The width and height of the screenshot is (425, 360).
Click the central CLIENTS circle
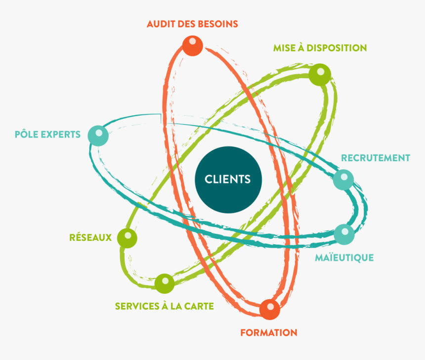click(x=227, y=179)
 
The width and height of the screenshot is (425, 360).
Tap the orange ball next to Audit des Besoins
click(x=192, y=45)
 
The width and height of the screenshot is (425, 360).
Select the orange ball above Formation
click(x=270, y=309)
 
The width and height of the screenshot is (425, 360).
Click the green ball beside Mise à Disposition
click(x=320, y=75)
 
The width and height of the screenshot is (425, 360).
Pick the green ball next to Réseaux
click(x=127, y=238)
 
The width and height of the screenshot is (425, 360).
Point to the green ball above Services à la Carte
click(x=164, y=283)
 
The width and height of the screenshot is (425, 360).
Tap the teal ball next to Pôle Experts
click(x=98, y=135)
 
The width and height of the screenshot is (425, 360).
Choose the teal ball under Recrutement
click(x=343, y=180)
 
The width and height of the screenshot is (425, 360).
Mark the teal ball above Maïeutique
click(x=344, y=234)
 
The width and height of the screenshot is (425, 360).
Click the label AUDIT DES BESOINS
click(x=192, y=24)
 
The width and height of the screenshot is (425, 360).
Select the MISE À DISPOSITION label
click(x=320, y=48)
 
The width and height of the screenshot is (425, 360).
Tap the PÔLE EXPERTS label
click(x=47, y=134)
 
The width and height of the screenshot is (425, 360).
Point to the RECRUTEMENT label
click(x=376, y=158)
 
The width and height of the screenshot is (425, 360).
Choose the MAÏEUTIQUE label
click(x=344, y=258)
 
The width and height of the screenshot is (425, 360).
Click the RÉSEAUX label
click(x=90, y=237)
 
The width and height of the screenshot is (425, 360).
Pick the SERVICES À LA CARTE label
click(x=164, y=307)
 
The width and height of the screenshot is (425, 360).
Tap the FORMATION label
click(x=269, y=332)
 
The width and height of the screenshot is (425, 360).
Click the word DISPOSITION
click(x=337, y=48)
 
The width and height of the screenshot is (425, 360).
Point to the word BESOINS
click(x=218, y=24)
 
